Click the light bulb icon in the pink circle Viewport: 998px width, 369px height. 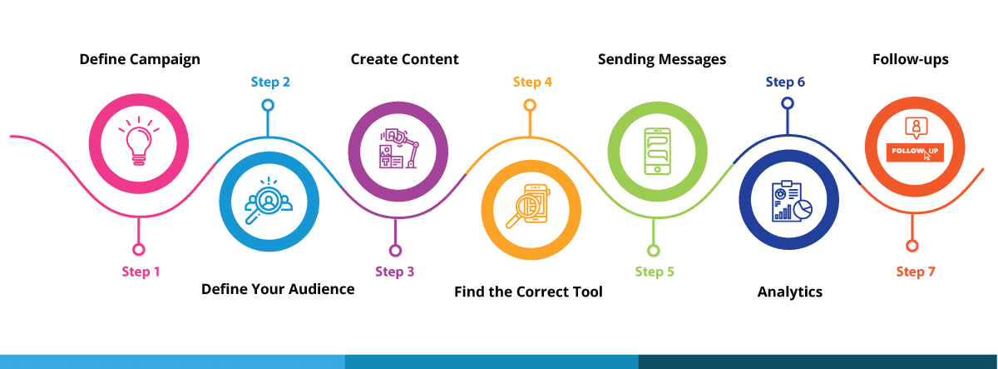pos(139,141)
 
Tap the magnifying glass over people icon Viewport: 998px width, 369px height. pos(268,201)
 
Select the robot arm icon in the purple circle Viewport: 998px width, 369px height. pos(398,148)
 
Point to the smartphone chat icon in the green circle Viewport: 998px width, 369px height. pos(658,152)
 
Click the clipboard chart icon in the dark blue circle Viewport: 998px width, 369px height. pos(792,202)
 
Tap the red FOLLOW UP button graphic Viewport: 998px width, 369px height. pos(915,152)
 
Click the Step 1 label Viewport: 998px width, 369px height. pos(141,272)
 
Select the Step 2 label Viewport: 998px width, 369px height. pos(270,82)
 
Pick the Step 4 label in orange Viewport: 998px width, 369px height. pos(532,82)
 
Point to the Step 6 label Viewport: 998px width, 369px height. pos(785,82)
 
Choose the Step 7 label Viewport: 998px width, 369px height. pos(916,272)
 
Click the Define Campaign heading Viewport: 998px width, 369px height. pos(140,60)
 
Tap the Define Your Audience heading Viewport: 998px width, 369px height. pos(278,289)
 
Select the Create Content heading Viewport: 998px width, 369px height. pos(404,59)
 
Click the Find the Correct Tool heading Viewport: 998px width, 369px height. pos(528,292)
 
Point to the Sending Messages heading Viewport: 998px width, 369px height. pos(662,60)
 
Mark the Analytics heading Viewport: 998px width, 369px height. pos(789,292)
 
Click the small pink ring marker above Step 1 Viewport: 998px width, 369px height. pos(139,250)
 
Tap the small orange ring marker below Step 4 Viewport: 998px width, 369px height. pos(529,105)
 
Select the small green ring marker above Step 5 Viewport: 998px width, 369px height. pos(653,251)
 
